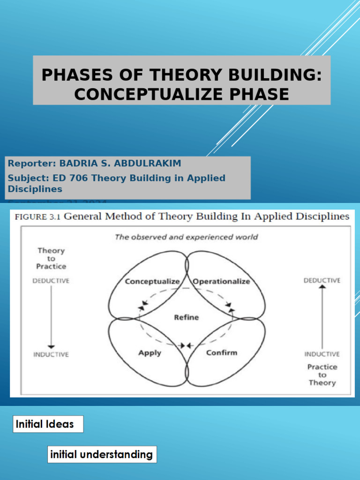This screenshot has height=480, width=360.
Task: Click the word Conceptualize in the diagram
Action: tap(152, 281)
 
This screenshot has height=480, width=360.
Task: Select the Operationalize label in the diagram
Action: tap(221, 281)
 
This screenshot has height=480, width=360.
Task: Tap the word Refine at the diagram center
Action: tap(186, 317)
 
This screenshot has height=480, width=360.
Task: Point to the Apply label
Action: tap(150, 352)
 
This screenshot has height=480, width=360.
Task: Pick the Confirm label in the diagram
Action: tap(222, 352)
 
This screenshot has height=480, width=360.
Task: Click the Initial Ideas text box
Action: tap(48, 424)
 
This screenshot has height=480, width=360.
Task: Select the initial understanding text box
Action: tap(102, 454)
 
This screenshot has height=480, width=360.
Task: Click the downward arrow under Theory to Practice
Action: tap(51, 316)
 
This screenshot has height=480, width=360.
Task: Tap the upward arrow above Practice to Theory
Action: tap(322, 316)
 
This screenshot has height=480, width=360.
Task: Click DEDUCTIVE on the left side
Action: tap(51, 281)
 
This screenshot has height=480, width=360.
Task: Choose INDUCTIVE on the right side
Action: tap(322, 354)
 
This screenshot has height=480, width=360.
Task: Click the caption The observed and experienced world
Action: tap(186, 237)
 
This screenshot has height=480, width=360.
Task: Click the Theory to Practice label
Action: tap(51, 258)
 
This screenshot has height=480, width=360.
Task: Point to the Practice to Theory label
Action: tap(322, 375)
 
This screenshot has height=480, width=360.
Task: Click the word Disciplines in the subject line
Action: tap(35, 189)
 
